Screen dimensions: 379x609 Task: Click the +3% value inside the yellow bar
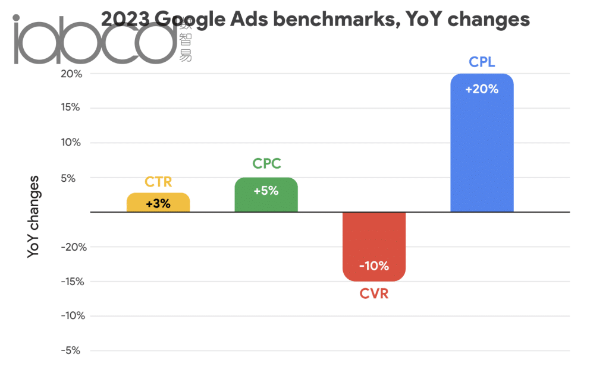[x=158, y=204]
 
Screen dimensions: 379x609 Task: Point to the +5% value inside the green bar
[x=266, y=191]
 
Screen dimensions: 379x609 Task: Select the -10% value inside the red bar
[x=374, y=266]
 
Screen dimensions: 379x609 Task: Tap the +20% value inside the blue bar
[x=482, y=90]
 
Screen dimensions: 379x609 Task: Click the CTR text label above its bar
[x=158, y=182]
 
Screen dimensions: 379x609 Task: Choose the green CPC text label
[x=266, y=163]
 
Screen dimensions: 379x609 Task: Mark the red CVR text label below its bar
[x=374, y=293]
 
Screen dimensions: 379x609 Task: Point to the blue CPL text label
[x=482, y=61]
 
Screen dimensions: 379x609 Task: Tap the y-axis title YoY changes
[x=34, y=216]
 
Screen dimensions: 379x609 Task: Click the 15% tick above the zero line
[x=73, y=108]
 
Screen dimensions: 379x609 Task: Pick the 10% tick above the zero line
[x=73, y=143]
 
